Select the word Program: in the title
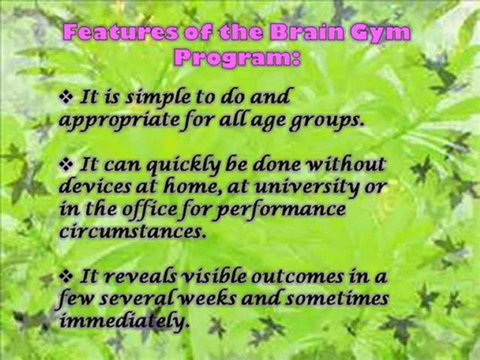point(237,58)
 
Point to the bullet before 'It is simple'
point(66,97)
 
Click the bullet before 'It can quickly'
point(66,165)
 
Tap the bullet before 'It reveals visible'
point(66,276)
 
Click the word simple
point(158,98)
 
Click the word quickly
point(183,165)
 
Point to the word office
point(149,209)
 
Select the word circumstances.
point(132,232)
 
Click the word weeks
point(207,298)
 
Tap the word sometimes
point(336,298)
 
